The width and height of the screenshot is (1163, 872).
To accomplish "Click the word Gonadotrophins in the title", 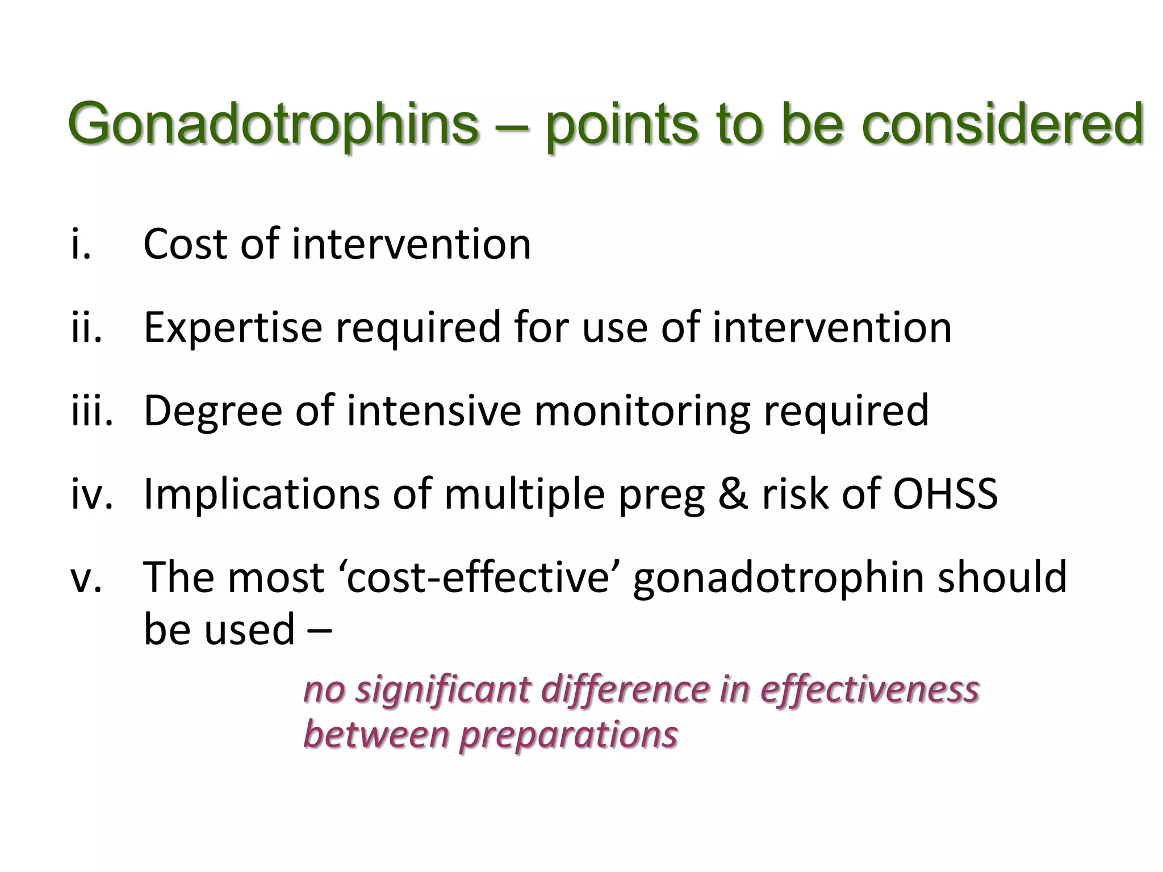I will (273, 124).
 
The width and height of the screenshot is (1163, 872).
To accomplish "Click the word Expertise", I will (233, 328).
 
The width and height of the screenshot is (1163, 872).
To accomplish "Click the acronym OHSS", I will (945, 494).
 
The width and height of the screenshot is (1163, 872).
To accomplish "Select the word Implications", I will (261, 494).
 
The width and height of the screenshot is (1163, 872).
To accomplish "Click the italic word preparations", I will (568, 734).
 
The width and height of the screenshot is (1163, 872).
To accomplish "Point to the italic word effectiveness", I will (869, 690).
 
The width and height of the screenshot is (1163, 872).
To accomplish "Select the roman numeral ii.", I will (87, 328).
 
